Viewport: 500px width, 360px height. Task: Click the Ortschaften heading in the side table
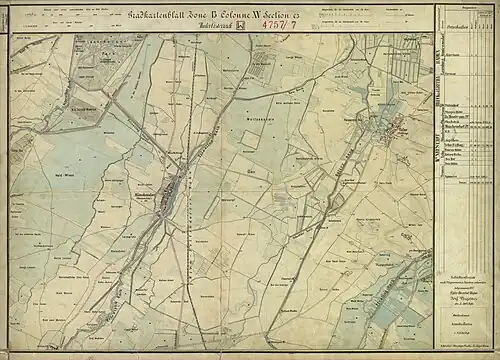click(461, 72)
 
